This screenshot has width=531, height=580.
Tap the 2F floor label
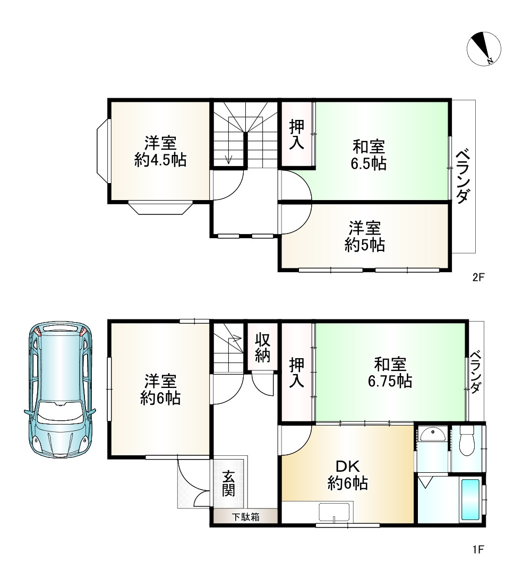(479, 277)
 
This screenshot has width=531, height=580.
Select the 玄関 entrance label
(229, 483)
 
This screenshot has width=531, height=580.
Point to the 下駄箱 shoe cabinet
(246, 517)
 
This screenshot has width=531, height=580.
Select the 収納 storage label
(262, 348)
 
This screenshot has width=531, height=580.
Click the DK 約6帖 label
(348, 475)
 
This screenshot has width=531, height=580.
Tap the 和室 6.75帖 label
(390, 373)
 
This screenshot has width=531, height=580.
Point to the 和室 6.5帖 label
(369, 154)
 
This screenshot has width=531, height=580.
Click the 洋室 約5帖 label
(364, 237)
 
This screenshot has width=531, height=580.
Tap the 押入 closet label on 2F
(297, 135)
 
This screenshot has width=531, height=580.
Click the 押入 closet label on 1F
(297, 373)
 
